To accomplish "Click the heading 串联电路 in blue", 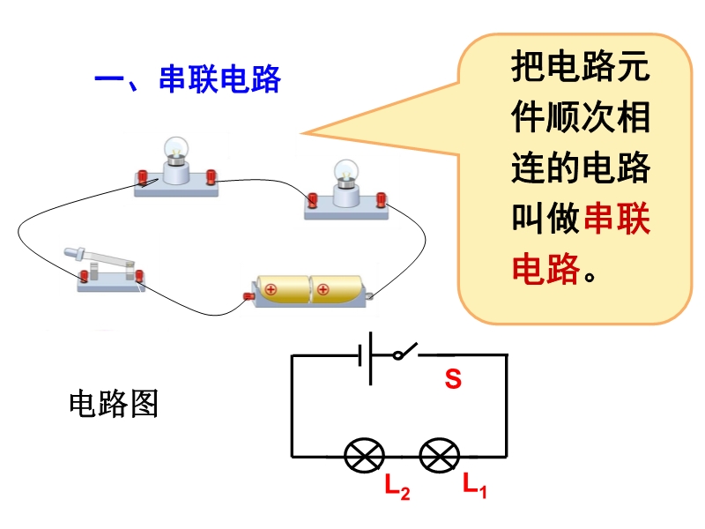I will click(219, 80).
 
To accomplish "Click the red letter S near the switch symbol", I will click(453, 380).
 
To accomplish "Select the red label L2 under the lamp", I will click(397, 486).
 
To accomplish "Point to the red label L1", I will click(474, 484).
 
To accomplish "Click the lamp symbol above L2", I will click(364, 456).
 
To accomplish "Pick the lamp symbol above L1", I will click(440, 456).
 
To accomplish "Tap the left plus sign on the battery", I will click(271, 288).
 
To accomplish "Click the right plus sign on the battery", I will click(323, 287).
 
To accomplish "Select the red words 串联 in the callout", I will click(617, 219).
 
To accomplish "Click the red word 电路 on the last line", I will click(546, 267).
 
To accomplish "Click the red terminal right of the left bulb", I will click(211, 177).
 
